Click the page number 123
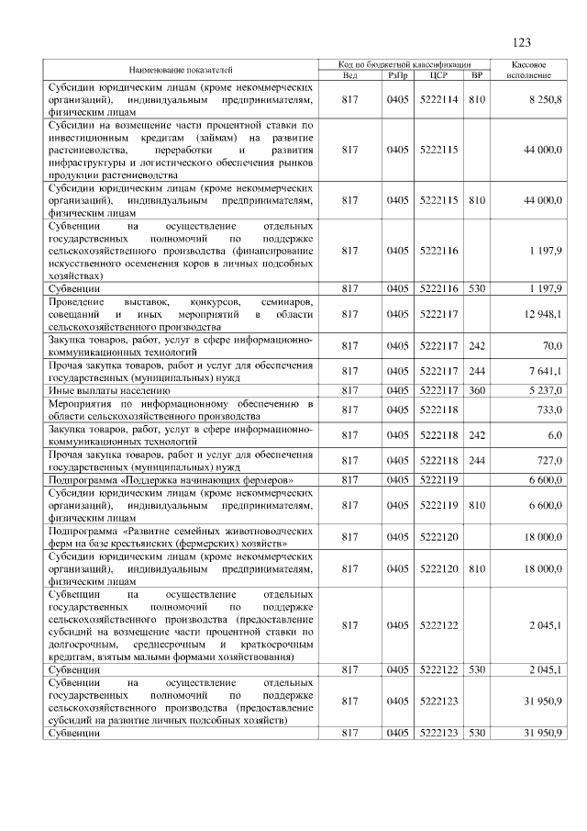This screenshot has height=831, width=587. tap(521, 42)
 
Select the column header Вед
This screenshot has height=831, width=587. tap(349, 74)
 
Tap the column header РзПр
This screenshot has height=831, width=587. tap(397, 74)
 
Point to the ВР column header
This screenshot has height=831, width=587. tap(475, 74)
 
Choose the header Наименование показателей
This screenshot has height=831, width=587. tap(181, 69)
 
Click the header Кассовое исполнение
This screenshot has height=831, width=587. tap(528, 69)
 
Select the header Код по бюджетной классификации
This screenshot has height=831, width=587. tap(404, 64)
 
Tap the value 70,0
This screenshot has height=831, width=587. tap(551, 346)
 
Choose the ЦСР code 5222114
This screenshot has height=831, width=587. tap(437, 98)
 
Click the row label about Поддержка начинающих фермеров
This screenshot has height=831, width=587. tap(172, 479)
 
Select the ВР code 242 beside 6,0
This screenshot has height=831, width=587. tap(475, 434)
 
